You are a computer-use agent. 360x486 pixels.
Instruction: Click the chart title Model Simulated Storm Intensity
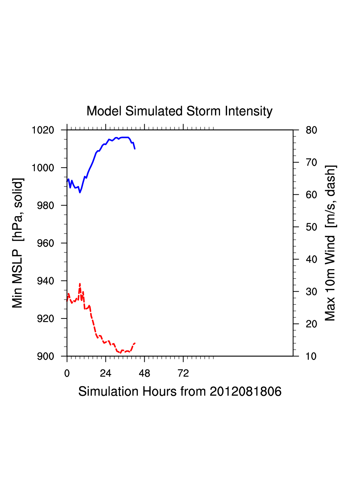pyautogui.click(x=179, y=111)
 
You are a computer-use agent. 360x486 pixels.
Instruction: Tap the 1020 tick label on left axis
pyautogui.click(x=43, y=130)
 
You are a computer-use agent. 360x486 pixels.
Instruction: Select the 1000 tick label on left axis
pyautogui.click(x=43, y=168)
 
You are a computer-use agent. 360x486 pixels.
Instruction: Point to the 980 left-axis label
pyautogui.click(x=46, y=205)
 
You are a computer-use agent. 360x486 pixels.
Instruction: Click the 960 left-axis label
pyautogui.click(x=46, y=243)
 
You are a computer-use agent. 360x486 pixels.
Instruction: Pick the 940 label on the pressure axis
pyautogui.click(x=46, y=281)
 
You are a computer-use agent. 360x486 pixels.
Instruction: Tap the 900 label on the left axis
pyautogui.click(x=46, y=356)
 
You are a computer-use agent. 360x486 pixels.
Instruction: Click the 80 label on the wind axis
pyautogui.click(x=311, y=130)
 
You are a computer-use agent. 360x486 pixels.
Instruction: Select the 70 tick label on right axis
pyautogui.click(x=311, y=163)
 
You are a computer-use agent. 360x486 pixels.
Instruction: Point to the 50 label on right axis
pyautogui.click(x=311, y=227)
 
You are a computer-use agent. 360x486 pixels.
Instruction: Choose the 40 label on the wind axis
pyautogui.click(x=311, y=259)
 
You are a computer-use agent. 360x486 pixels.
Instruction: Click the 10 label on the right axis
pyautogui.click(x=311, y=356)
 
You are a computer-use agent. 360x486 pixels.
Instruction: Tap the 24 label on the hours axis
pyautogui.click(x=105, y=373)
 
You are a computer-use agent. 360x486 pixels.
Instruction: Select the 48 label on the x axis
pyautogui.click(x=144, y=373)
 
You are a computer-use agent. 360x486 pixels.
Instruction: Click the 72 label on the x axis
pyautogui.click(x=183, y=373)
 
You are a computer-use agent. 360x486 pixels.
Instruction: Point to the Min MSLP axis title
pyautogui.click(x=17, y=243)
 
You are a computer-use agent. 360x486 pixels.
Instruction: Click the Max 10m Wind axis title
pyautogui.click(x=330, y=243)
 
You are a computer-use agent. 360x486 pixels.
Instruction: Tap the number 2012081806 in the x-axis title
pyautogui.click(x=245, y=391)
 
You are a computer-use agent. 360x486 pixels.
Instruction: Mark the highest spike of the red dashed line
pyautogui.click(x=80, y=284)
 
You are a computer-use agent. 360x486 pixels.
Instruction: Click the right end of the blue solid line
pyautogui.click(x=135, y=148)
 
